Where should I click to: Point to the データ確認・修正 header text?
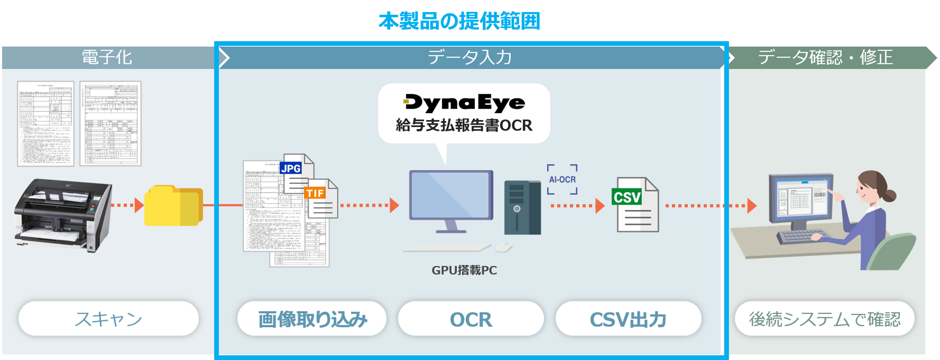pyautogui.click(x=826, y=58)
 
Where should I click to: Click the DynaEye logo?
pyautogui.click(x=464, y=103)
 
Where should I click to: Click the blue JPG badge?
pyautogui.click(x=291, y=168)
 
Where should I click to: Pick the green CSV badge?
pyautogui.click(x=626, y=197)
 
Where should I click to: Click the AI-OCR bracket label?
pyautogui.click(x=562, y=180)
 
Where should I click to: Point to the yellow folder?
pyautogui.click(x=173, y=206)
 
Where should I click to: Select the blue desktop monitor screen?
pyautogui.click(x=451, y=195)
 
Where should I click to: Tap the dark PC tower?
pyautogui.click(x=522, y=207)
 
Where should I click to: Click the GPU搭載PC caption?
pyautogui.click(x=464, y=270)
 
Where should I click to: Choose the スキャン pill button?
pyautogui.click(x=108, y=319)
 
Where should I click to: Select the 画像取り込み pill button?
pyautogui.click(x=312, y=319)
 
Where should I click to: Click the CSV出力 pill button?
pyautogui.click(x=628, y=319)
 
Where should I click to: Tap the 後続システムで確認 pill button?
pyautogui.click(x=824, y=319)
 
